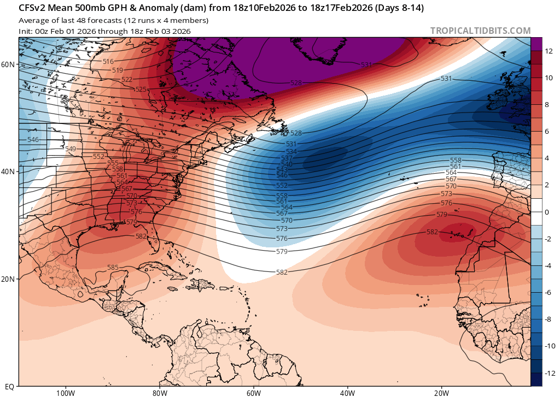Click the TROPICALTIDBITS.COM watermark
[480, 31]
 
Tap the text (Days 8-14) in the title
[400, 8]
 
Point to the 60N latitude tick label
[8, 64]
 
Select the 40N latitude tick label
[8, 171]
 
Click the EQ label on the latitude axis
[10, 386]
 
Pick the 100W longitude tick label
[66, 393]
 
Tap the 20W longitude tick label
[441, 393]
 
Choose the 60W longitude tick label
[253, 393]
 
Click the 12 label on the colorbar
[549, 51]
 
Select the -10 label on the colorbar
[549, 346]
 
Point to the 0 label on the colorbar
[547, 212]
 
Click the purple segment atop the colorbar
[536, 44]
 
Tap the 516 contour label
[108, 62]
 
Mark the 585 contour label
[113, 267]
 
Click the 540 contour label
[287, 164]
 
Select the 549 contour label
[71, 149]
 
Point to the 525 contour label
[141, 89]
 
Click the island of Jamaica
[172, 288]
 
